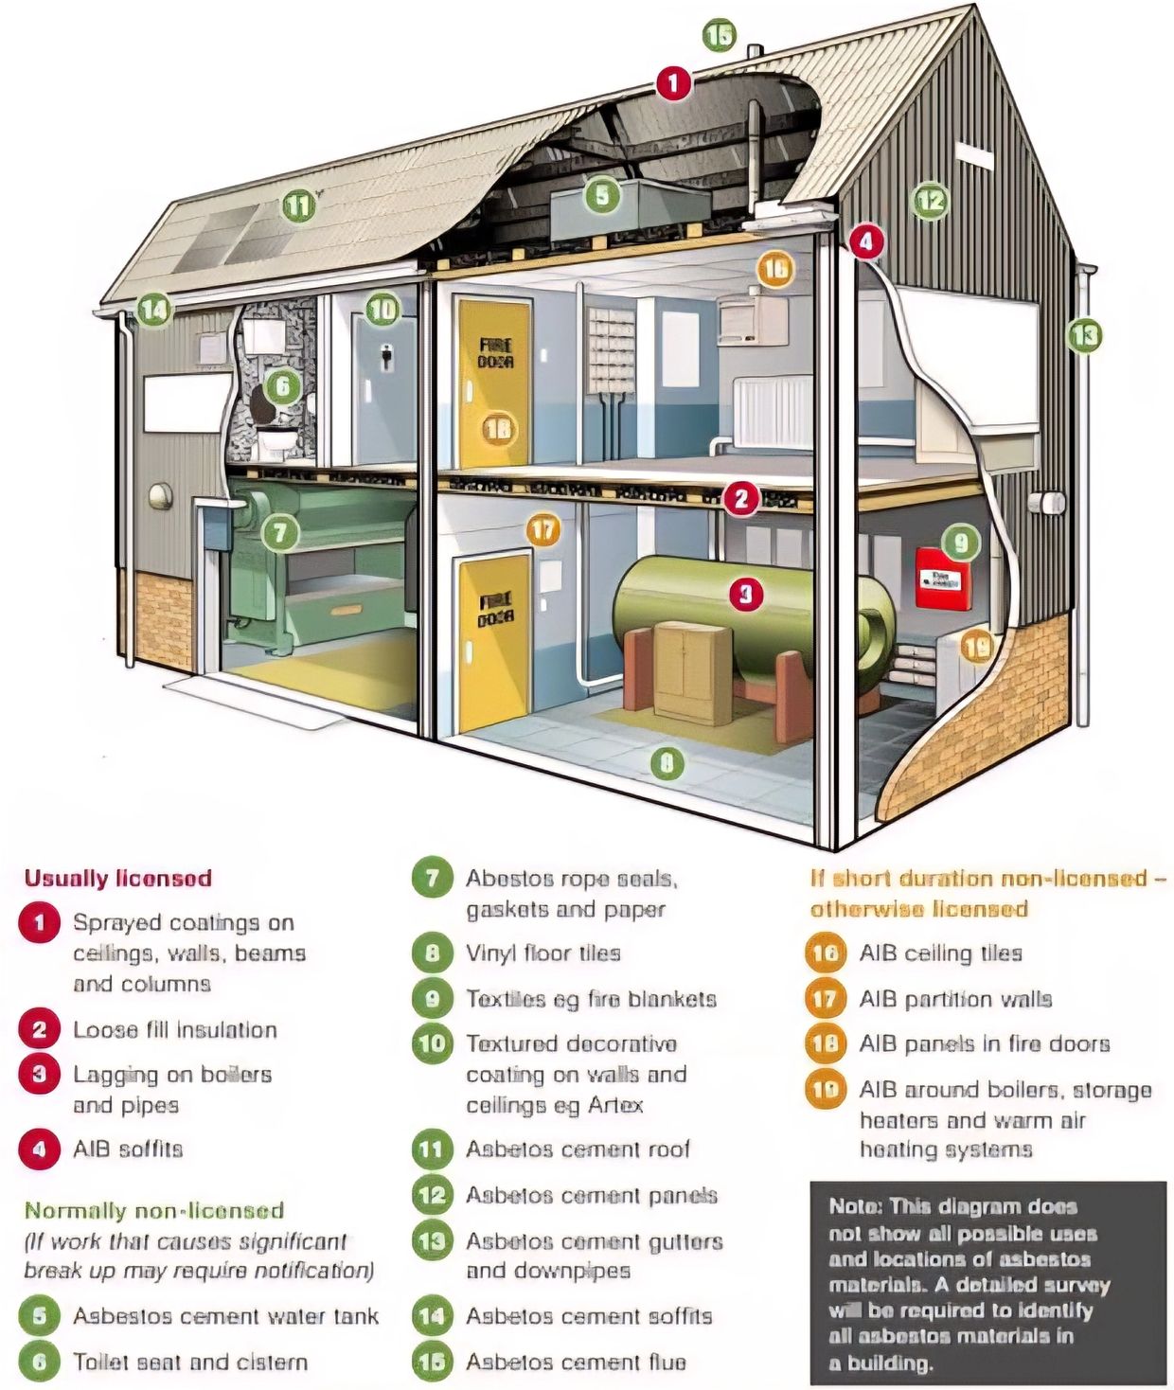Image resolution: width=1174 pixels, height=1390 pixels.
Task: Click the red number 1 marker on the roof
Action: [x=673, y=83]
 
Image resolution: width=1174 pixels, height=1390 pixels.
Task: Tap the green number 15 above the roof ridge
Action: [x=719, y=36]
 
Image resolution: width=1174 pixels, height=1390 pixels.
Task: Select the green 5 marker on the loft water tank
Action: [x=602, y=195]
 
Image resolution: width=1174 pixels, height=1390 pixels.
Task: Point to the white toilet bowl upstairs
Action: [x=277, y=439]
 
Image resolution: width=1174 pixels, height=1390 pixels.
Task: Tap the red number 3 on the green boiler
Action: [x=745, y=594]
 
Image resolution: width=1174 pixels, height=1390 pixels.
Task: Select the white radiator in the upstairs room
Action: [x=774, y=413]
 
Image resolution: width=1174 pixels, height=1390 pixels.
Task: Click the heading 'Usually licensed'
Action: [x=117, y=878]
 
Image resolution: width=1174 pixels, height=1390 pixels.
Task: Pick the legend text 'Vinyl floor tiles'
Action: [x=543, y=953]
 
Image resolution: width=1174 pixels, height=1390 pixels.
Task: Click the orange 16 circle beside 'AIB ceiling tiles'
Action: [x=825, y=953]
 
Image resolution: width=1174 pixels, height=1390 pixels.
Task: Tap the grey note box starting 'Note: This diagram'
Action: [x=987, y=1283]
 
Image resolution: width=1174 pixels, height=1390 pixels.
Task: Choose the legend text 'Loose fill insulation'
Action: [x=175, y=1029]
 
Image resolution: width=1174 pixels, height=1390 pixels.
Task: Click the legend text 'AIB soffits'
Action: [x=128, y=1149]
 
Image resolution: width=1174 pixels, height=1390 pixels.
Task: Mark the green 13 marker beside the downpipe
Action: [x=1085, y=334]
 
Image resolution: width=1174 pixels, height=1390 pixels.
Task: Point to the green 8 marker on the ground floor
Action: [x=667, y=763]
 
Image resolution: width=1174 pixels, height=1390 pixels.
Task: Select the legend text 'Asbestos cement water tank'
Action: [x=225, y=1316]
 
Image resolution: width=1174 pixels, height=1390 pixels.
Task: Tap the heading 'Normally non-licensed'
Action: [x=154, y=1210]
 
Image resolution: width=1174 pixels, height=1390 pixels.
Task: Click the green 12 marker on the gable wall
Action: [x=930, y=200]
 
